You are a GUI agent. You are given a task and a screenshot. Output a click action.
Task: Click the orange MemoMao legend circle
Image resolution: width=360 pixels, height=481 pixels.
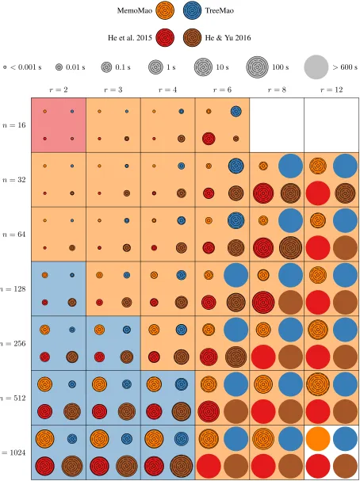click(x=165, y=11)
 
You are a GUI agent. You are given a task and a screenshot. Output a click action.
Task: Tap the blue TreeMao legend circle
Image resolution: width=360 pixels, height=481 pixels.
click(x=192, y=11)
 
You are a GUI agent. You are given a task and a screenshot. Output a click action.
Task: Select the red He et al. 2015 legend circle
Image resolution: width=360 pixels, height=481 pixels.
click(x=165, y=38)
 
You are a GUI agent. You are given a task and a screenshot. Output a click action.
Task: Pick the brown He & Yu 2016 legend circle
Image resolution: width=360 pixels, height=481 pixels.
click(x=192, y=38)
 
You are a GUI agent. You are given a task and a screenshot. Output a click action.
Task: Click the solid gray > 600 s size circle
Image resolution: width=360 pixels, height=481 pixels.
click(x=316, y=67)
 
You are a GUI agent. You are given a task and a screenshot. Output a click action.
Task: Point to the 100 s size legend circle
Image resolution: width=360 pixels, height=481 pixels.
click(x=257, y=67)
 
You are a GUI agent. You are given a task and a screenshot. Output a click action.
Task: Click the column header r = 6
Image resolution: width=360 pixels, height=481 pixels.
click(x=222, y=90)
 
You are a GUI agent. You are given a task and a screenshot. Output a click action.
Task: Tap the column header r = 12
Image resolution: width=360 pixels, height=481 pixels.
click(x=331, y=90)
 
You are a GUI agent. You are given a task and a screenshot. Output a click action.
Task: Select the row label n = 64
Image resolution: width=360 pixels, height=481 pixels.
click(x=13, y=235)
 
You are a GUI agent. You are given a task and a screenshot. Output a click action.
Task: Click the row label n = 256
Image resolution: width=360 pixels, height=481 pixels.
click(x=13, y=344)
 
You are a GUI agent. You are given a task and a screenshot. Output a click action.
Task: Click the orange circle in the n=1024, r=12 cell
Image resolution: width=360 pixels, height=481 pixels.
click(x=318, y=439)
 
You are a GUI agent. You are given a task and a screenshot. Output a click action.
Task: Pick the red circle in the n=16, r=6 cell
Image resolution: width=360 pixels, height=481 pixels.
click(x=209, y=139)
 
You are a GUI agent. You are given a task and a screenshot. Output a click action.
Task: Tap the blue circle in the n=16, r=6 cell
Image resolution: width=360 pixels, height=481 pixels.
click(x=236, y=112)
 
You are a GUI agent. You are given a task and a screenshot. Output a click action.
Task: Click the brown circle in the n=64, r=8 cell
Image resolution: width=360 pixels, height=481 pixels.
click(x=290, y=248)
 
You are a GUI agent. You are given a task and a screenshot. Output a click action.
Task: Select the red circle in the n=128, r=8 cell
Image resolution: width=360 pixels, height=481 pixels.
click(x=263, y=303)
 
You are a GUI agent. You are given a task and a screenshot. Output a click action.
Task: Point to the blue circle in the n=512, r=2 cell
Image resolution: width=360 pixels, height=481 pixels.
click(x=72, y=384)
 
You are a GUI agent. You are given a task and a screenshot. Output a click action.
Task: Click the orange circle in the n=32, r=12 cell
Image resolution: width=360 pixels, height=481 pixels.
click(x=318, y=166)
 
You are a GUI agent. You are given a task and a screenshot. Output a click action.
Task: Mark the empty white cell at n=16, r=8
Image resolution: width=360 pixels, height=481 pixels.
click(x=277, y=125)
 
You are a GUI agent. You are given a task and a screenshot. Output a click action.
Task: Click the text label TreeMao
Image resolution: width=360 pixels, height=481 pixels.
click(x=220, y=11)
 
